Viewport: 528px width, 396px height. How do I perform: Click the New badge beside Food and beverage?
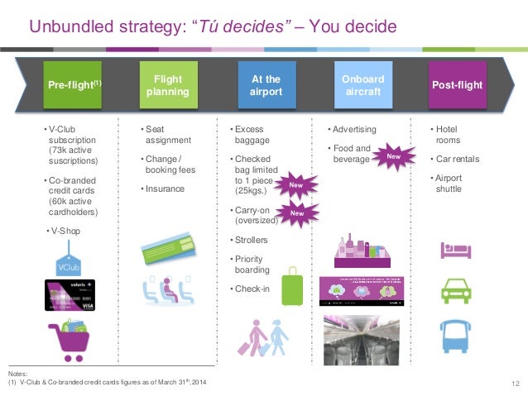click(395, 155)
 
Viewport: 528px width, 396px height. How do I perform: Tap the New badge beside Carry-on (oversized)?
click(295, 214)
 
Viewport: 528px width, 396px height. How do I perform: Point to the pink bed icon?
click(456, 249)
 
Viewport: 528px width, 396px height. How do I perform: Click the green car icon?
click(456, 291)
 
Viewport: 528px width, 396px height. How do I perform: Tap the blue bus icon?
click(456, 336)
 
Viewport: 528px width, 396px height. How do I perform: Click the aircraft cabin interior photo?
click(362, 339)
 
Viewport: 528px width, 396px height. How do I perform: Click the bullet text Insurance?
click(164, 188)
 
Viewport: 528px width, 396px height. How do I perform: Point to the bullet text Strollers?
click(250, 240)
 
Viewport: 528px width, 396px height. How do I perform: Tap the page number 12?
click(515, 382)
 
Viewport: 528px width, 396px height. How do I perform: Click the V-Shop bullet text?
click(65, 231)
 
